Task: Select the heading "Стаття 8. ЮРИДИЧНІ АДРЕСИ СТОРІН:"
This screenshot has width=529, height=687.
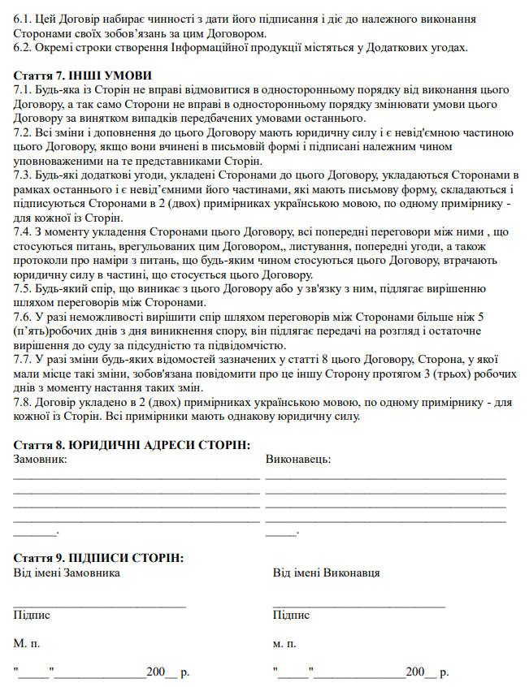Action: click(x=132, y=445)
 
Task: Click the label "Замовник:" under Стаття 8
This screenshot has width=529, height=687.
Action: click(x=41, y=459)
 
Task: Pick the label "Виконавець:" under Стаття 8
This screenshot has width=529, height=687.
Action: click(x=298, y=459)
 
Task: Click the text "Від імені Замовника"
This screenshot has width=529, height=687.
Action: click(x=67, y=573)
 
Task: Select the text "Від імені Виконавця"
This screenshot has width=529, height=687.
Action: click(x=326, y=573)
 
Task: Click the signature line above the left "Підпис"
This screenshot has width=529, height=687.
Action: click(x=100, y=606)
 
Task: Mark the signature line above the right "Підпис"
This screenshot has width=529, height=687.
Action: click(x=359, y=606)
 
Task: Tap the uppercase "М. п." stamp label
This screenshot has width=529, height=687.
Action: click(x=27, y=644)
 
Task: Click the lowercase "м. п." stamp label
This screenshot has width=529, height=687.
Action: click(x=284, y=644)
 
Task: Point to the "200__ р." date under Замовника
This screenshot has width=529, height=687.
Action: click(x=167, y=673)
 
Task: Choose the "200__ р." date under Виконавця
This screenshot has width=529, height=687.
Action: click(x=427, y=673)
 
